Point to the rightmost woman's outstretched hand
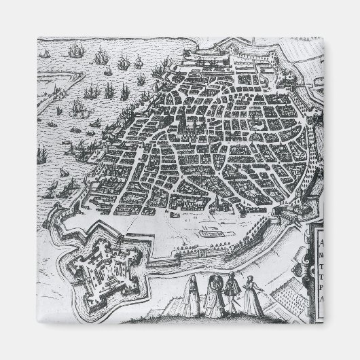point(262,288)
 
